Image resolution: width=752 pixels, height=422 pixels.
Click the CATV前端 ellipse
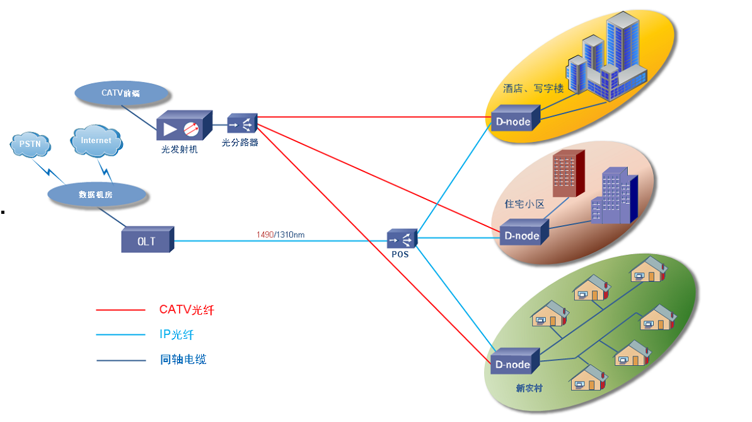pyautogui.click(x=122, y=93)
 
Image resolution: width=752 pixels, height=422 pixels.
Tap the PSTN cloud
pyautogui.click(x=30, y=144)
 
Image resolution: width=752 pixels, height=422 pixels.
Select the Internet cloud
pyautogui.click(x=96, y=140)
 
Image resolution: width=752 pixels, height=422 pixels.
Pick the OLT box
pyautogui.click(x=147, y=240)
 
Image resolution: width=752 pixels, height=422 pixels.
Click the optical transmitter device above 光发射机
pyautogui.click(x=182, y=127)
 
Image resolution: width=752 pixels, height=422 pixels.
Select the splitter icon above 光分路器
pyautogui.click(x=243, y=122)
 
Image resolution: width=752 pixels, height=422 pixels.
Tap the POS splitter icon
pyautogui.click(x=402, y=239)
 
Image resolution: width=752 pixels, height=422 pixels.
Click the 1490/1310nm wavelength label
pyautogui.click(x=281, y=235)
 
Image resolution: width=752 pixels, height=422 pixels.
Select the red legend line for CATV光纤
pyautogui.click(x=120, y=310)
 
